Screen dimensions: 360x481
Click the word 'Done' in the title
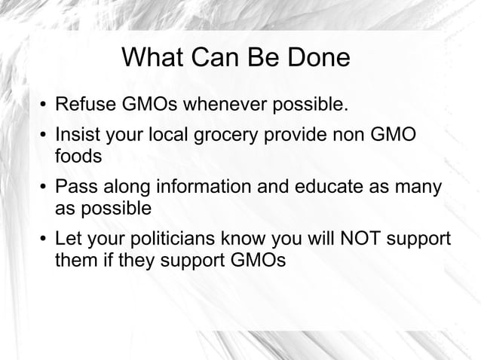click(317, 58)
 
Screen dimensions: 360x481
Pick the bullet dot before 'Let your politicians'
click(43, 241)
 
